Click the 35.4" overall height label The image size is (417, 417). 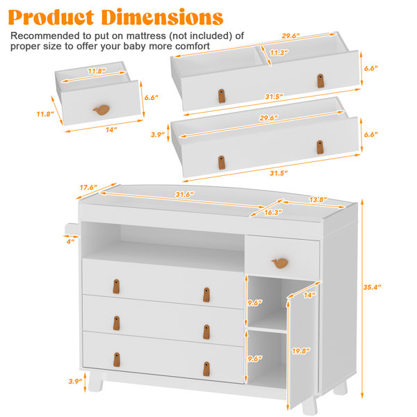pos(372,287)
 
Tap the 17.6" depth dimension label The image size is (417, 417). pos(88,188)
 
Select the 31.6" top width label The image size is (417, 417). pos(185,195)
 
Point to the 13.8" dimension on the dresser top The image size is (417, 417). pos(318,199)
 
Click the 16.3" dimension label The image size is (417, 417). pos(273,212)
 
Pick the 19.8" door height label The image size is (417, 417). pos(301,351)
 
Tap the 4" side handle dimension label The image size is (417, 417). pos(70,241)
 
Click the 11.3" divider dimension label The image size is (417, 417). pos(279,53)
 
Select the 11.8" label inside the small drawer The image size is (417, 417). pos(97,72)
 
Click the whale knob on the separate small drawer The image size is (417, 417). pos(101,110)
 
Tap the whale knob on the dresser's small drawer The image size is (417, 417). pos(280,263)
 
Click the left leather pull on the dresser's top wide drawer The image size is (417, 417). pos(116,286)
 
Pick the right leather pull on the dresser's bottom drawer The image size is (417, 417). pos(206,369)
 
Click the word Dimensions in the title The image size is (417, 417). pos(162,17)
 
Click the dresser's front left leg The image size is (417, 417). pos(96,381)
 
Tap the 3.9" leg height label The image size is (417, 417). pos(75,382)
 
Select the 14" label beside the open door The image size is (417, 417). pos(309,295)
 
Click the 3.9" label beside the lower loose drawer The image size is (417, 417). pos(158,135)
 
